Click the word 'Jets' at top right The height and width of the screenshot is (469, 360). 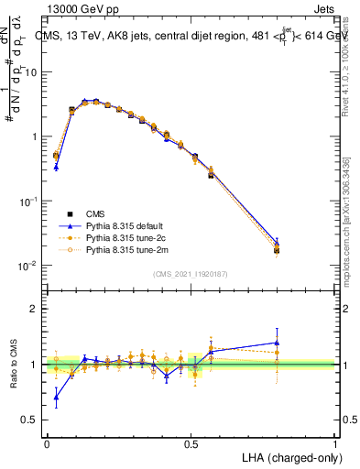point(322,8)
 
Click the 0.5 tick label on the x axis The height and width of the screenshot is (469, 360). point(191,443)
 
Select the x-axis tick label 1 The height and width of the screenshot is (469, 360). point(335,443)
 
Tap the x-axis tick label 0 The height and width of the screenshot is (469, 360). point(47,443)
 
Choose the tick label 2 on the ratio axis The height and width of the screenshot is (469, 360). point(34,309)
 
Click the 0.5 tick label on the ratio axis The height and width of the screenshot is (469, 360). point(30,420)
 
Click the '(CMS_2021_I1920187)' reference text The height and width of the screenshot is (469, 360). point(191,273)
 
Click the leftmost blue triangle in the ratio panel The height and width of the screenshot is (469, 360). point(56,397)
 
